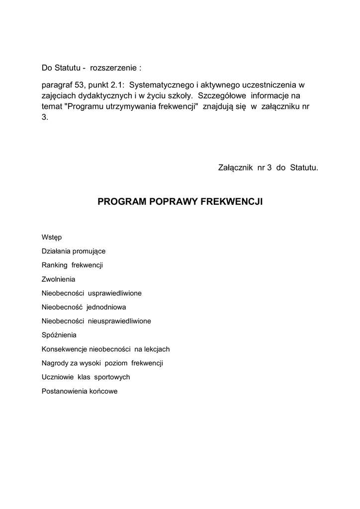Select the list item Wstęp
(x=52, y=238)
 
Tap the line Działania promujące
(x=74, y=252)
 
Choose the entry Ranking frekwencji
(x=72, y=265)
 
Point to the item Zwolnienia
(x=59, y=279)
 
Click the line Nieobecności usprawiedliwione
(x=91, y=293)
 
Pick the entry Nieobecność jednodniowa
(x=84, y=307)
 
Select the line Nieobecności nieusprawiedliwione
(x=96, y=321)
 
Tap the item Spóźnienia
(x=59, y=335)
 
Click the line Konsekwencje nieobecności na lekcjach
(x=106, y=349)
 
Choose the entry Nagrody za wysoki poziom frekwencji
(x=102, y=363)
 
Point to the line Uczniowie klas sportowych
(x=86, y=377)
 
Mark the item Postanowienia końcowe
(x=80, y=391)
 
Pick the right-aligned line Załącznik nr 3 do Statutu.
(x=268, y=168)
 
